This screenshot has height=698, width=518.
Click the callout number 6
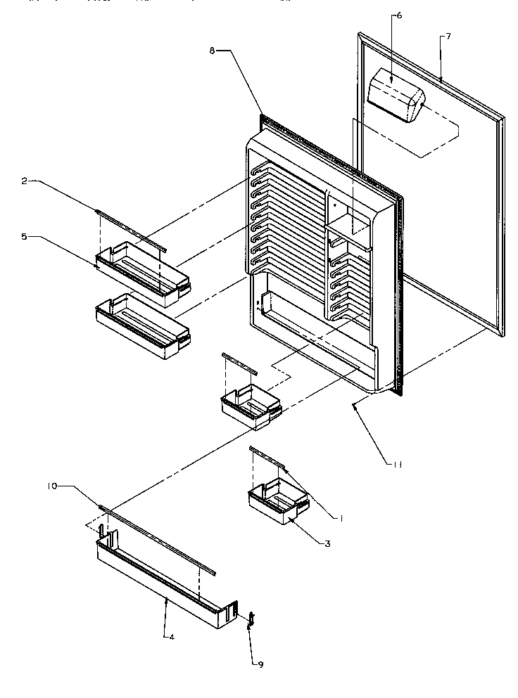pyautogui.click(x=398, y=15)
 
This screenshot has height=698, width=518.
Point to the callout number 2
pyautogui.click(x=24, y=181)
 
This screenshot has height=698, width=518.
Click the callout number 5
pyautogui.click(x=24, y=238)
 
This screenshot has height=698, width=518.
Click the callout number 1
pyautogui.click(x=341, y=518)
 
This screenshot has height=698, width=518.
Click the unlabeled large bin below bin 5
pyautogui.click(x=141, y=323)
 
